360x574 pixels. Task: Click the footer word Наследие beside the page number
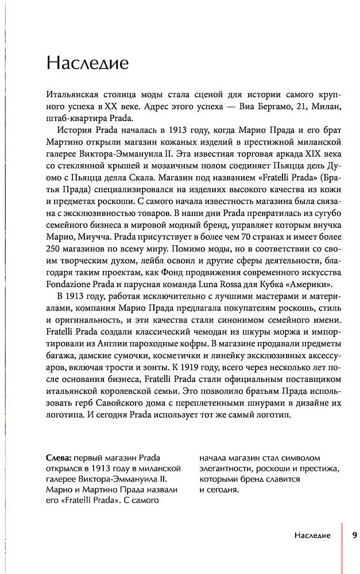[x=311, y=535]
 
